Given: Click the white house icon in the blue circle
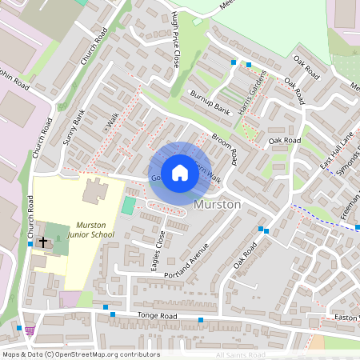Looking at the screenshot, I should [180, 172].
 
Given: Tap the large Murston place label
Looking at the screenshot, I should [218, 206].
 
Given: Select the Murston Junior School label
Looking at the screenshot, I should [95, 230].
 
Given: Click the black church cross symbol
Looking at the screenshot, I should [42, 241].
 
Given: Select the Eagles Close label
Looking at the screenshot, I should [158, 251].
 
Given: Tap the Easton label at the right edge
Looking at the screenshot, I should [346, 318].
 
